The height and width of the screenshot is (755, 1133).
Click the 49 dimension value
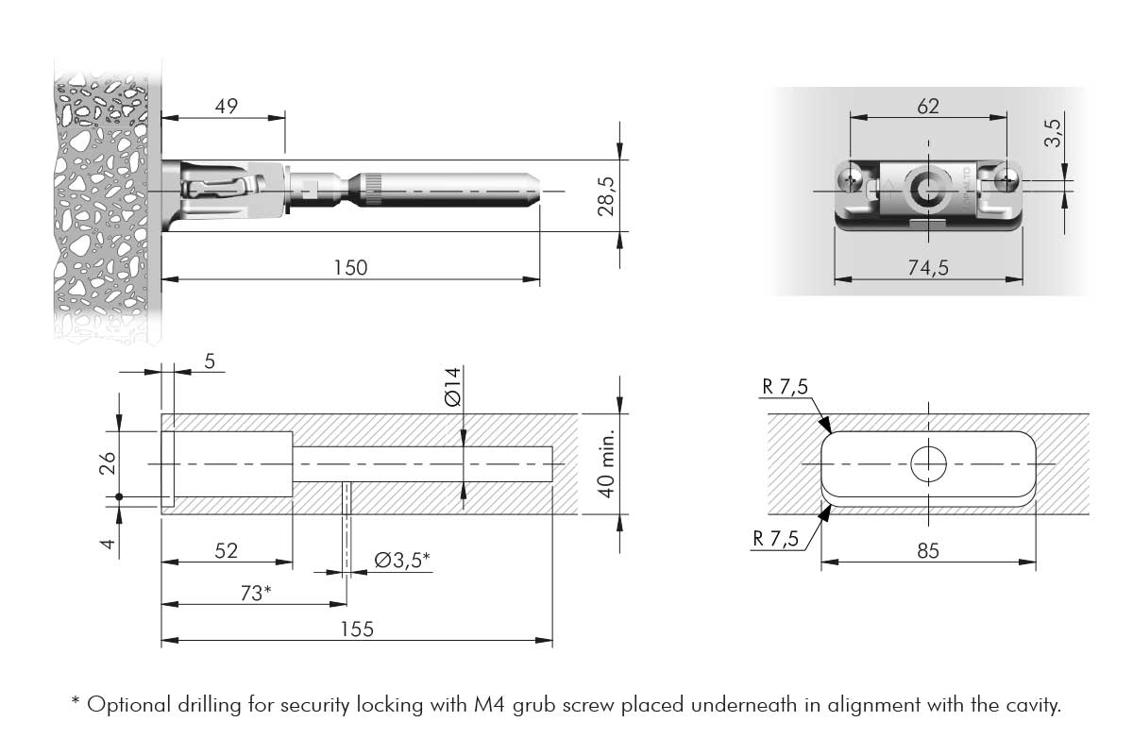pyautogui.click(x=226, y=106)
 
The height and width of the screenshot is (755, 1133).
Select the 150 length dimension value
pyautogui.click(x=350, y=268)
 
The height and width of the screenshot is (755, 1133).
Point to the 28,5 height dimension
pyautogui.click(x=606, y=195)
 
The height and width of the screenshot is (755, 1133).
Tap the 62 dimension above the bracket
pyautogui.click(x=928, y=106)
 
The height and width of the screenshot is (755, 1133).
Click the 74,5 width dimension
pyautogui.click(x=928, y=268)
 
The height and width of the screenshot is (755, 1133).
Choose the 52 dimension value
pyautogui.click(x=226, y=550)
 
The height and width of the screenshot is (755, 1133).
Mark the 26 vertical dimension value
pyautogui.click(x=108, y=462)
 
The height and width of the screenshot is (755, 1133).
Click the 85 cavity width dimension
pyautogui.click(x=928, y=550)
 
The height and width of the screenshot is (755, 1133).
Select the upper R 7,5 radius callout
pyautogui.click(x=783, y=386)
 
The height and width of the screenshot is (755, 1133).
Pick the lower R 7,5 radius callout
pyautogui.click(x=776, y=539)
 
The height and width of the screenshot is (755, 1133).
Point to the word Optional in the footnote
pyautogui.click(x=123, y=704)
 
